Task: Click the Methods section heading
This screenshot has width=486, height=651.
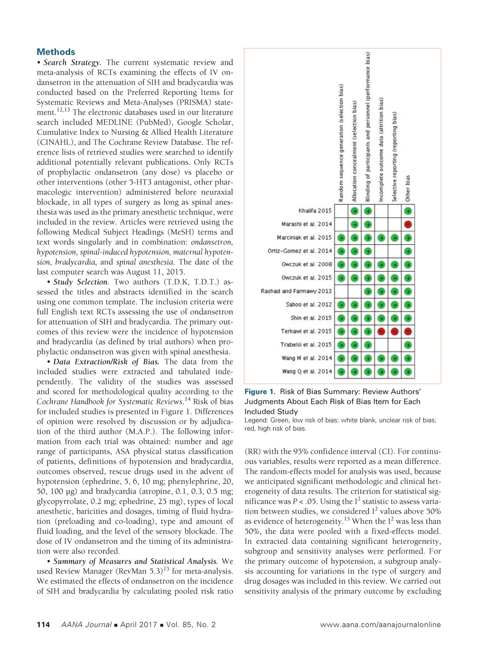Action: (56, 52)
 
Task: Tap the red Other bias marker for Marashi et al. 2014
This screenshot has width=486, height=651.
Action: (408, 224)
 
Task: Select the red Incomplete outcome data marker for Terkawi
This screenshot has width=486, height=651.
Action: (381, 331)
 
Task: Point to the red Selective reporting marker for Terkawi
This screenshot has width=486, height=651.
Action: (394, 331)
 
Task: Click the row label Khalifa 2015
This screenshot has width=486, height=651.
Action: (315, 211)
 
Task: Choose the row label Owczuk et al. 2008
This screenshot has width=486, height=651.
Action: (307, 264)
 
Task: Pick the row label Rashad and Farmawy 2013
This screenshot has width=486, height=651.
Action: (296, 291)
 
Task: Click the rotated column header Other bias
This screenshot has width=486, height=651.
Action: (408, 188)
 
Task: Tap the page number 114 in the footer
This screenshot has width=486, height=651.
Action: (43, 624)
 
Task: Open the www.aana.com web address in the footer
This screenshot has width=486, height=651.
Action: (380, 624)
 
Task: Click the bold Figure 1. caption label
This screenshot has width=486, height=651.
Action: (260, 392)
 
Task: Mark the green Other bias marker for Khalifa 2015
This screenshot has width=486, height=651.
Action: (408, 211)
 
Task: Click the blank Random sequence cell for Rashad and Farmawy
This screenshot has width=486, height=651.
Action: (341, 291)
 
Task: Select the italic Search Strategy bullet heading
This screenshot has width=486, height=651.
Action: (72, 62)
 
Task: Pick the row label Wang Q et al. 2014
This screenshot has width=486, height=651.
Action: (307, 371)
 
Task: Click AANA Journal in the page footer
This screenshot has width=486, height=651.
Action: (86, 624)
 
